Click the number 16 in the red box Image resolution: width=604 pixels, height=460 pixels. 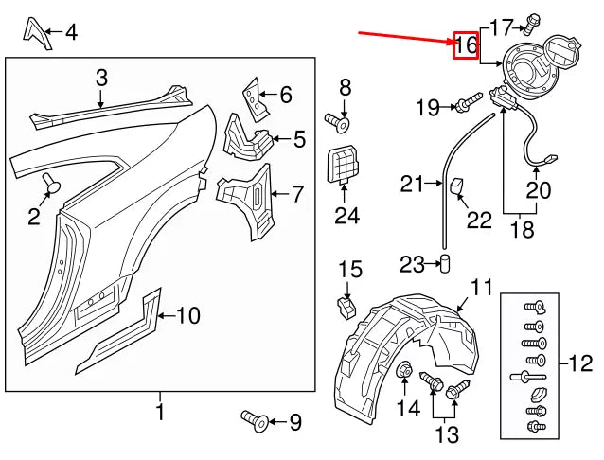pos(466,44)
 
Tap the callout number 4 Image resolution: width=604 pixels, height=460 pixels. pos(71,34)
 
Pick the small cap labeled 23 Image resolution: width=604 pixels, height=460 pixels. pos(443,262)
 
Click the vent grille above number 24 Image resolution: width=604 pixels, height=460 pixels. pos(344,166)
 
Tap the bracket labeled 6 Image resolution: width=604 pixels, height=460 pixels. pos(249,95)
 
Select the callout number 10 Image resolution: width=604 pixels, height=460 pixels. pos(187,315)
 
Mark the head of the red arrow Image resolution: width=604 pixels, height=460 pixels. pos(449,41)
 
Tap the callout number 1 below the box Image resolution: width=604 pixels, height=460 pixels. pos(159,412)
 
